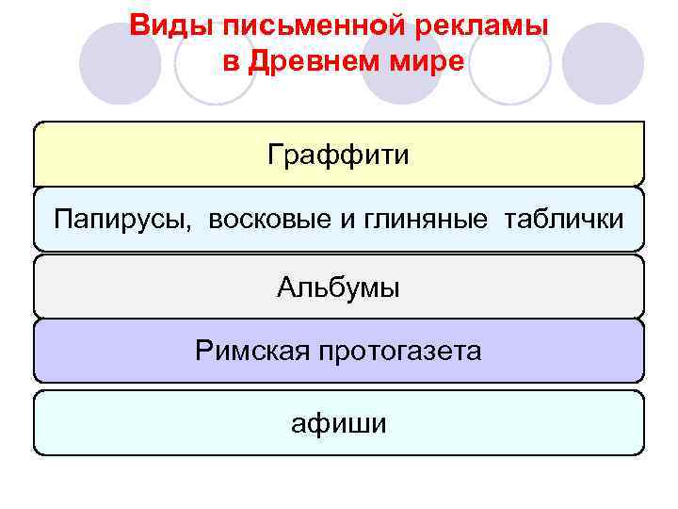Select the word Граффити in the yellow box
click(339, 154)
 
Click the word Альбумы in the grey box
click(339, 287)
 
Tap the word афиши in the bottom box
click(339, 424)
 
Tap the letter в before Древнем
click(229, 61)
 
